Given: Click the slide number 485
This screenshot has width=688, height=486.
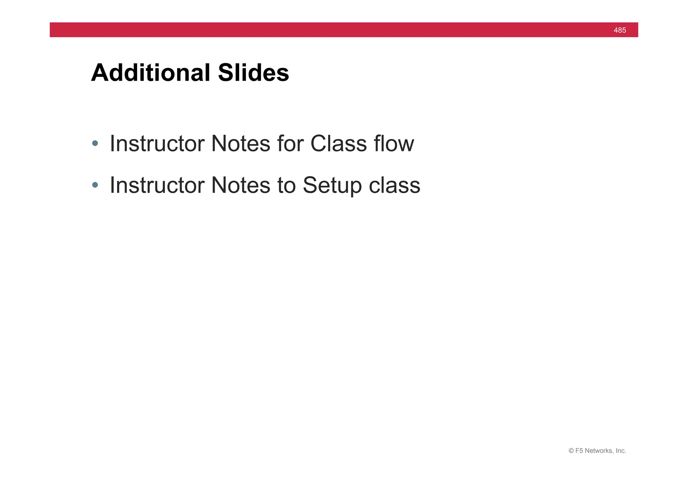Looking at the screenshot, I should [x=619, y=30].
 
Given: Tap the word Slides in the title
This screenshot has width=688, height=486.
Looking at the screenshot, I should [x=253, y=73].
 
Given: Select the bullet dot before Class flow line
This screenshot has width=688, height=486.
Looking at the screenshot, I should [x=95, y=143].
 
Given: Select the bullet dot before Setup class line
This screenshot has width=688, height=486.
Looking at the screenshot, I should [x=95, y=185].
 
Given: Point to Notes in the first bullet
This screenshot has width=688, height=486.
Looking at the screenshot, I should [x=241, y=143].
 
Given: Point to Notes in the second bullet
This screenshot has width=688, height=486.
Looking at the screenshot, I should [x=241, y=185].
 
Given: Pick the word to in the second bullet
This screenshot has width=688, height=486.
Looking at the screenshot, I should [x=286, y=185].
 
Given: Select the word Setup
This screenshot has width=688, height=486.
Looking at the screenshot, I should [x=332, y=186].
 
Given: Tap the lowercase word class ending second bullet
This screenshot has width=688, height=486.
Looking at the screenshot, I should [x=394, y=185].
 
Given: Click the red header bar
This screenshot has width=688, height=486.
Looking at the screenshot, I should [x=336, y=30].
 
